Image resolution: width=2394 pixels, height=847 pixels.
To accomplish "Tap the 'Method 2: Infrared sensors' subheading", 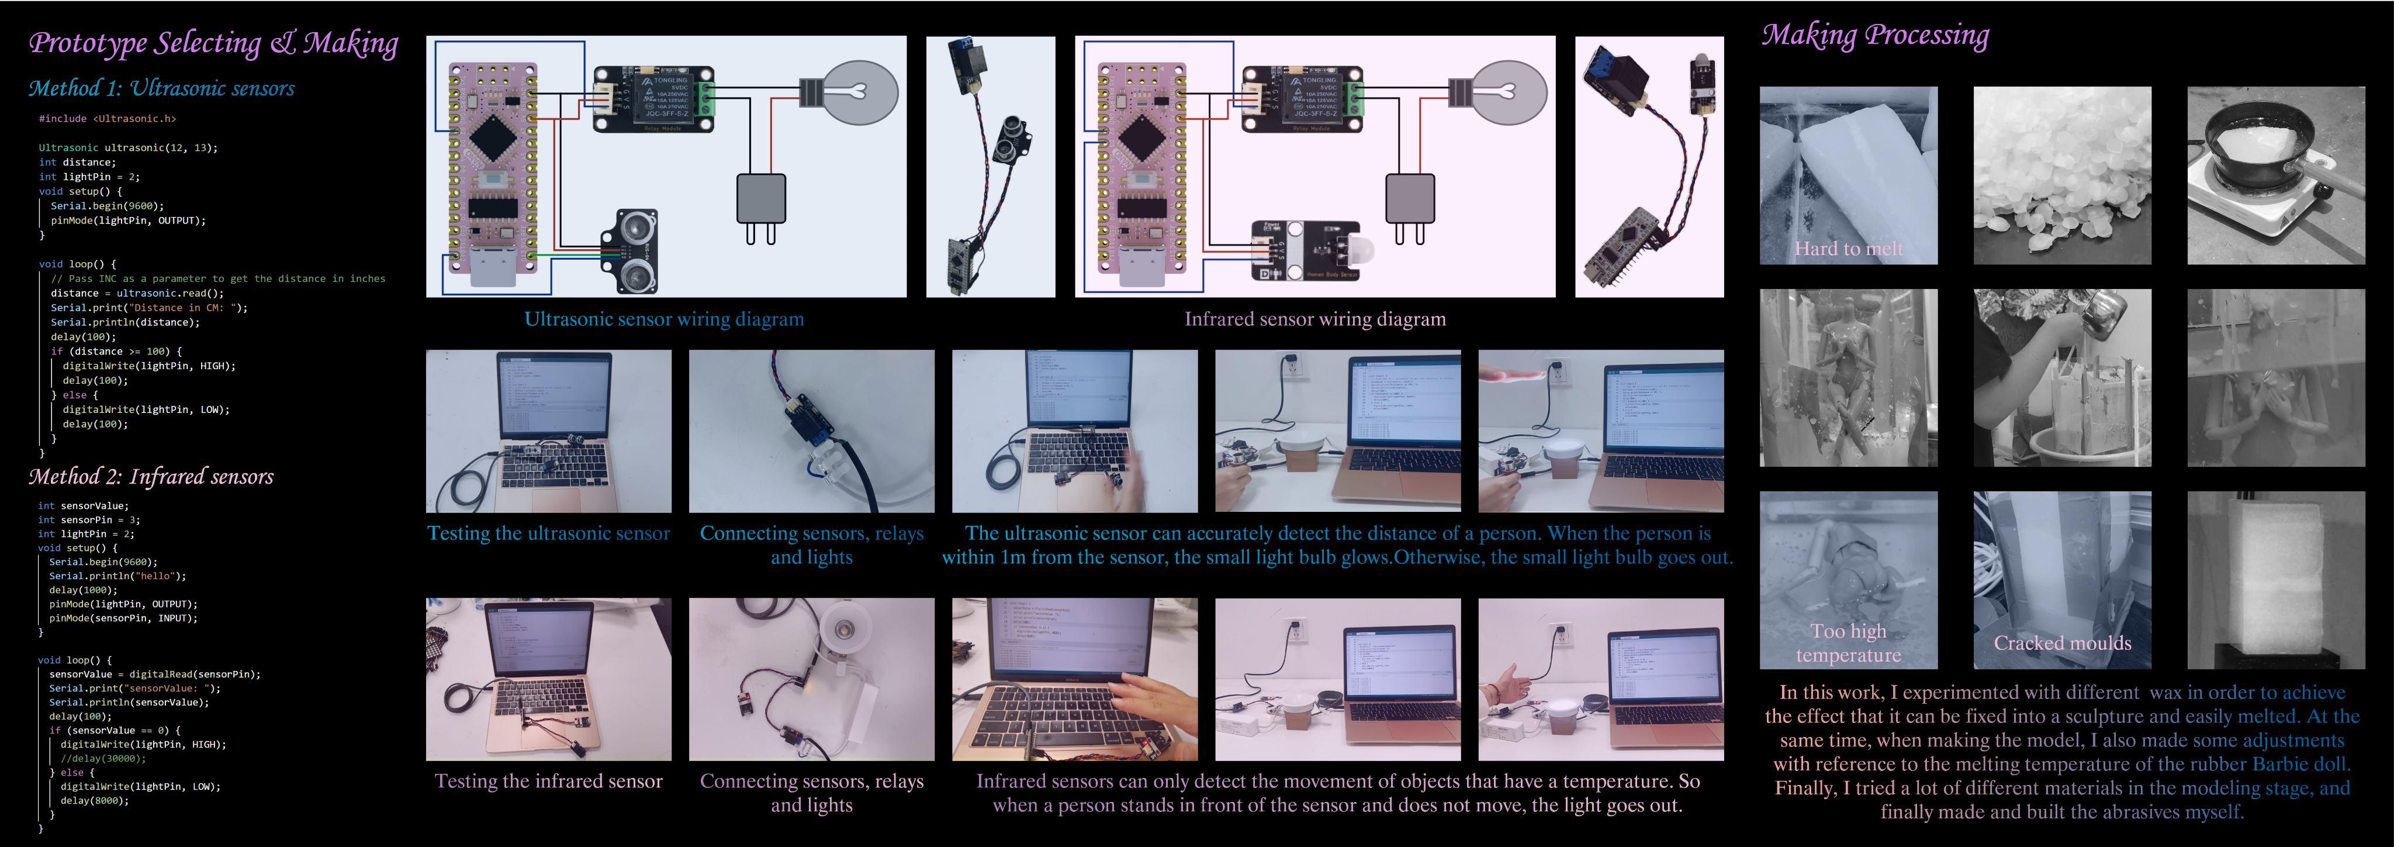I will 151,477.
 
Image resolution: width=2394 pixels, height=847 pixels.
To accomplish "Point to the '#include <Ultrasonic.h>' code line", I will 107,119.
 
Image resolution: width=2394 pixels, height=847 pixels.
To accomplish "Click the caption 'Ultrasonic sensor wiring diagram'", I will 663,319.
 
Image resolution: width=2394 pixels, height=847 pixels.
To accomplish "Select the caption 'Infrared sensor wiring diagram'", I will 1314,319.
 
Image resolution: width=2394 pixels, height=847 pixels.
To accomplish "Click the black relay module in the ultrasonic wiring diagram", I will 653,98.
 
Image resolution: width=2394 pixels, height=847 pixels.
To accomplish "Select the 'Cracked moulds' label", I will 2061,642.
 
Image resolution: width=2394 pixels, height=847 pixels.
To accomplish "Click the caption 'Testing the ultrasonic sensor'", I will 548,533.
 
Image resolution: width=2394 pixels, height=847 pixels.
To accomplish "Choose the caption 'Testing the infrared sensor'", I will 548,781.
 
